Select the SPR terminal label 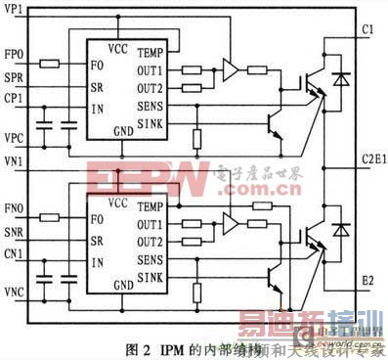(x=15, y=75)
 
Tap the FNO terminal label (x=15, y=208)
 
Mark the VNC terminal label (x=15, y=292)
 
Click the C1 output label (x=366, y=30)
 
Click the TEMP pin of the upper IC (x=150, y=52)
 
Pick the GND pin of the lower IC (x=123, y=284)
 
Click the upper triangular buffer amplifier (x=230, y=69)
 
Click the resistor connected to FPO (x=51, y=64)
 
